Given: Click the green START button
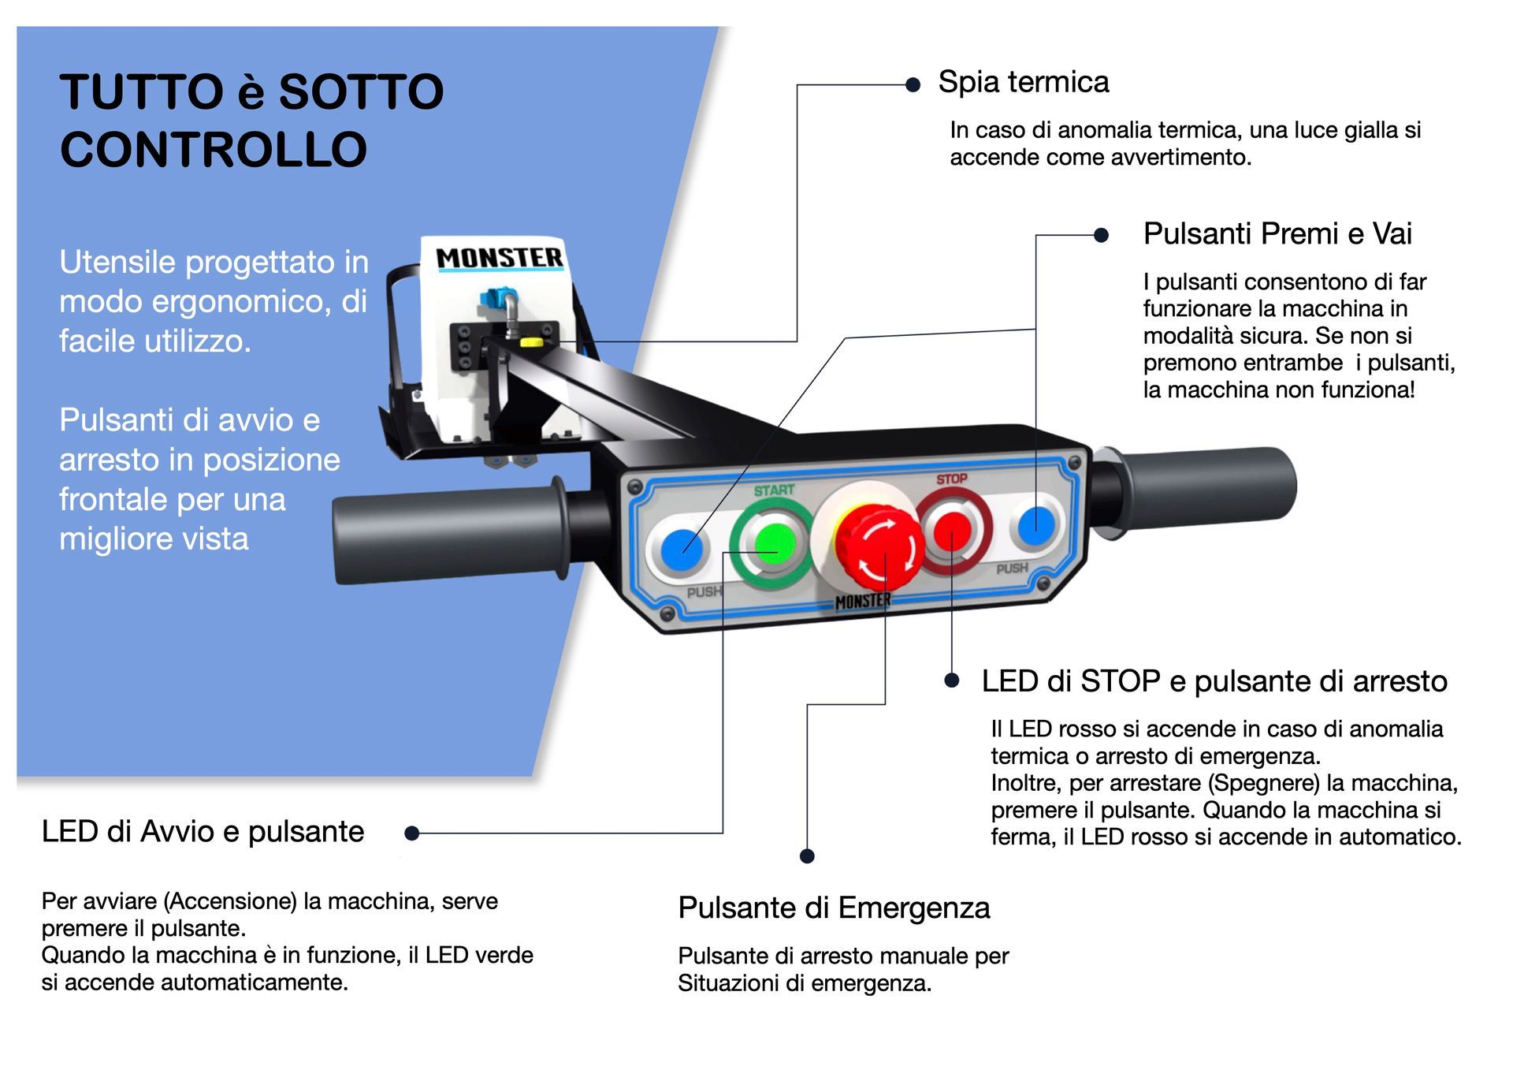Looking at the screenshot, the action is pos(775,542).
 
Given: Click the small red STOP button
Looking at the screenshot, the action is pos(952,530).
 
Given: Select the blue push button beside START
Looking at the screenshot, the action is pos(682,548).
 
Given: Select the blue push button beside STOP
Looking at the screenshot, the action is pos(1036,525).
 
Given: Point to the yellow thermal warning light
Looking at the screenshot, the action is pos(531,343).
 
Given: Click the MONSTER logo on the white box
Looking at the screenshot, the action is pos(500,258).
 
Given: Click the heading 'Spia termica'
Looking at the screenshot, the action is pos(1023,82).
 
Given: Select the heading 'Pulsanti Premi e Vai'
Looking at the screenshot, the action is pos(1277,233).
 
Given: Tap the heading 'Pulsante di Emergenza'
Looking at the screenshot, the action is pos(834,908).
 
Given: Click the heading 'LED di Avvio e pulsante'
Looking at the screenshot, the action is pos(203,831).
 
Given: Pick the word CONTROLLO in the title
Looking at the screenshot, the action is pos(214,149).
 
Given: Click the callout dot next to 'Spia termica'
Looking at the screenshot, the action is pos(913,85).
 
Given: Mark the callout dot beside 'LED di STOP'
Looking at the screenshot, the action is pos(952,680).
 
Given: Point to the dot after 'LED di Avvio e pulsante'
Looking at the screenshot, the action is pos(411,833).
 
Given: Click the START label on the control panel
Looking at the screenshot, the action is pos(774,490).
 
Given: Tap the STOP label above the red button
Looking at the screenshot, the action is pos(952,479).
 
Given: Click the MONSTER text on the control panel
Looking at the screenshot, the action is pos(863,602).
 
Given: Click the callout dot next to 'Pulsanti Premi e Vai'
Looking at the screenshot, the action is pos(1102,235).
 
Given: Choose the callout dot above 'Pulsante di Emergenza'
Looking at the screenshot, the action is pos(807,856).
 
